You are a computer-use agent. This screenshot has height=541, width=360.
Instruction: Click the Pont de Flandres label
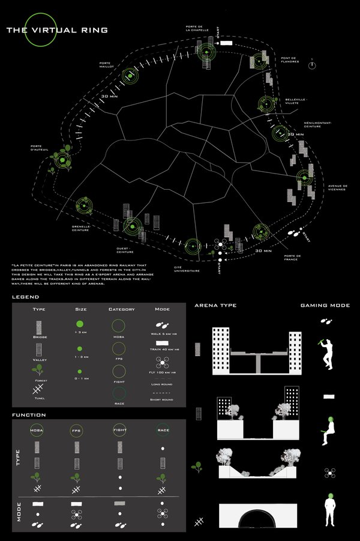(x=290, y=60)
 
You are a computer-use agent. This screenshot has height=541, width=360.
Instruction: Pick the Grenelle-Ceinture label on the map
(x=80, y=228)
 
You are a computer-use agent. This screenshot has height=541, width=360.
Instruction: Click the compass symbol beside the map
(x=312, y=64)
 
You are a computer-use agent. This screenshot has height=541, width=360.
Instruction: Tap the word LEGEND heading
(x=25, y=297)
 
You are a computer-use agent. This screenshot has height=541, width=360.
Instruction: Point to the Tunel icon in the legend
(x=39, y=389)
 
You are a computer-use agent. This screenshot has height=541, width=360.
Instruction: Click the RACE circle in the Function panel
(x=163, y=430)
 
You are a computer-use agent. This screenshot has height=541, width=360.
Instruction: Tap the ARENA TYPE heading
(x=215, y=306)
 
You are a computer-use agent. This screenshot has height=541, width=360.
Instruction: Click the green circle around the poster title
(x=40, y=30)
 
